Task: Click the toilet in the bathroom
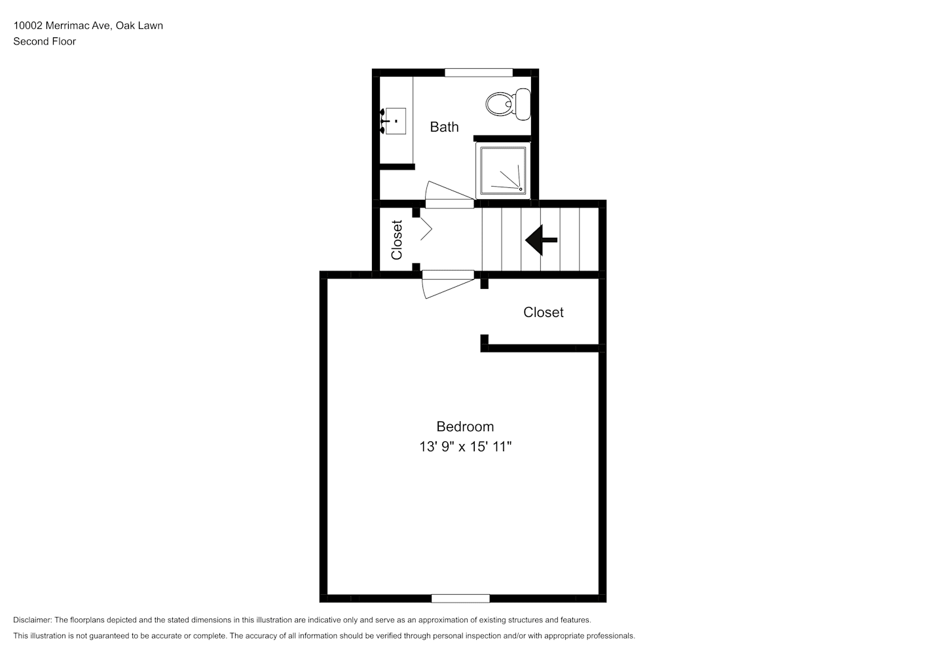pyautogui.click(x=508, y=104)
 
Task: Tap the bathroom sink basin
pyautogui.click(x=395, y=121)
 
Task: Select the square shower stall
pyautogui.click(x=503, y=170)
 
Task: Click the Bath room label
pyautogui.click(x=445, y=127)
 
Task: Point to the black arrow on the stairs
pyautogui.click(x=541, y=240)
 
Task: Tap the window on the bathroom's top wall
pyautogui.click(x=479, y=73)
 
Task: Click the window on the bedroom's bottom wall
pyautogui.click(x=460, y=599)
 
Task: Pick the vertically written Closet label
pyautogui.click(x=397, y=240)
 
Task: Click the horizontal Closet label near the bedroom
pyautogui.click(x=543, y=312)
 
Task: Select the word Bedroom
pyautogui.click(x=465, y=426)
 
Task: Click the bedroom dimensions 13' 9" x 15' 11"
pyautogui.click(x=466, y=447)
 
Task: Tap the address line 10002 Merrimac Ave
pyautogui.click(x=62, y=26)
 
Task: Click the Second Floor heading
pyautogui.click(x=45, y=41)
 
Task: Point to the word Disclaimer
pyautogui.click(x=33, y=620)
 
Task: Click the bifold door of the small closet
pyautogui.click(x=426, y=229)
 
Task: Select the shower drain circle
pyautogui.click(x=521, y=189)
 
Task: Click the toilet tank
pyautogui.click(x=523, y=104)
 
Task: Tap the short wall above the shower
pyautogui.click(x=502, y=138)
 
